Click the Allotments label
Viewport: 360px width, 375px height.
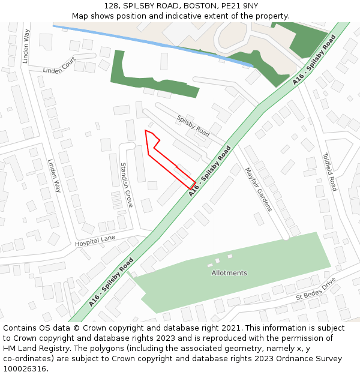tap(229, 273)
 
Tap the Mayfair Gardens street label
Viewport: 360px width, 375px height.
tap(258, 189)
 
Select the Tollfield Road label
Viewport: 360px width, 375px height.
tap(329, 172)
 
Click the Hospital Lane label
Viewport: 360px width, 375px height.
tap(95, 241)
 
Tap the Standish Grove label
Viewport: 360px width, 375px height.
tap(126, 185)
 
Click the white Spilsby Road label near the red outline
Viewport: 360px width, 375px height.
tap(193, 126)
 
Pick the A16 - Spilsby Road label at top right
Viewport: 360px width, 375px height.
tap(314, 59)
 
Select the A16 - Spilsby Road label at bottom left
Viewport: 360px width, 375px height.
tap(110, 283)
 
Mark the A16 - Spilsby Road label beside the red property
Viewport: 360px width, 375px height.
tap(209, 171)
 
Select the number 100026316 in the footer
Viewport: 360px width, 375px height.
tap(25, 369)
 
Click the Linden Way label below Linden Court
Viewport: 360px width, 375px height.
tap(54, 175)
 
